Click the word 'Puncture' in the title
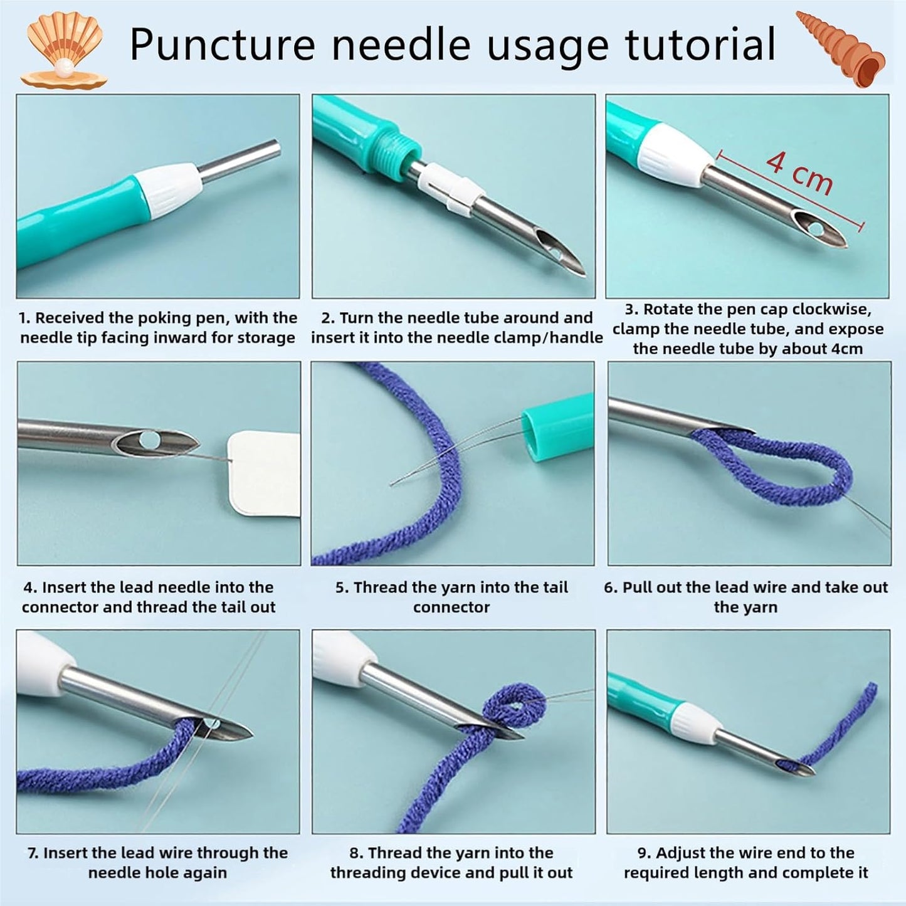(222, 45)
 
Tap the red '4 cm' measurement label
(799, 172)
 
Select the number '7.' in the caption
(33, 853)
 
